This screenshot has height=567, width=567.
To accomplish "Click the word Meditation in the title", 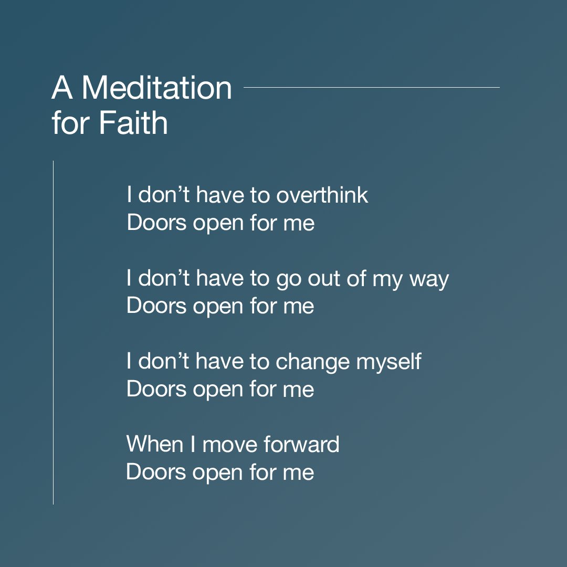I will point(156,88).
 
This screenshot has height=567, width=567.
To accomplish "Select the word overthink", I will point(322,195).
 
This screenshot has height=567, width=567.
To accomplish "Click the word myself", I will point(389,362).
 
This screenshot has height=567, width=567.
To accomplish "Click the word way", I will point(429,279).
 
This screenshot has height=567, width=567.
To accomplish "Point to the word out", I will point(321,279).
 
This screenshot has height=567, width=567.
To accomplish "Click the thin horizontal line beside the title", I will point(372,87).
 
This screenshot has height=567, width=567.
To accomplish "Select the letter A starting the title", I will point(62,88).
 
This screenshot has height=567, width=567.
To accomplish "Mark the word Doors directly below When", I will point(156,472).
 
